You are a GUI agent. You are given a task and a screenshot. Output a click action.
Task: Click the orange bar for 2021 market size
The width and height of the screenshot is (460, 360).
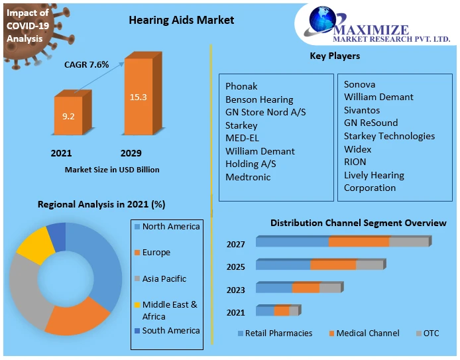coord(69,117)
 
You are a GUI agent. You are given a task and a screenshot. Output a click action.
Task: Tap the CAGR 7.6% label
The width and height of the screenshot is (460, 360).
coord(86,65)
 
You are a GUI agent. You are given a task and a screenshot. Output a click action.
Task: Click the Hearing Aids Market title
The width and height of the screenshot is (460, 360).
coord(181,20)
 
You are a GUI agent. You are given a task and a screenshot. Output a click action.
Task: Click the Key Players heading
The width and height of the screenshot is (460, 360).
coord(335,56)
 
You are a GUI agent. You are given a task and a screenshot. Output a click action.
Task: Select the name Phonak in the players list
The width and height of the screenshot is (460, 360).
coord(241,86)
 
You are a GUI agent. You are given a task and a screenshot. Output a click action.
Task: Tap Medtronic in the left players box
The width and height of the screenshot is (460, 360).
coord(248,177)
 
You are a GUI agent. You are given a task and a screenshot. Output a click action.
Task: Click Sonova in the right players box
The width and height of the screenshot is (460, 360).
coord(359,84)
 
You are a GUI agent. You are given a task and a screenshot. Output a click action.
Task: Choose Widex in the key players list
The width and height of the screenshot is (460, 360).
coord(358,149)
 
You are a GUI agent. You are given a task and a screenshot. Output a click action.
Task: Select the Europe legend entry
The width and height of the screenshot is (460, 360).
coord(156,253)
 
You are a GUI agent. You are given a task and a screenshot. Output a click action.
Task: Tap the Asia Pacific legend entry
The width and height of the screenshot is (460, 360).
coord(164,279)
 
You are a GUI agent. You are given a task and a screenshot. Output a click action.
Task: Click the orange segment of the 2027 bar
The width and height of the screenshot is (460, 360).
coord(359,241)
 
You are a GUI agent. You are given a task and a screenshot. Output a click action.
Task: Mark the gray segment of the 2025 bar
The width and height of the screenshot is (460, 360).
coord(369,265)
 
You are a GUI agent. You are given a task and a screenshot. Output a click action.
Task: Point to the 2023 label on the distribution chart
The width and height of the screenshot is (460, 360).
coord(235,290)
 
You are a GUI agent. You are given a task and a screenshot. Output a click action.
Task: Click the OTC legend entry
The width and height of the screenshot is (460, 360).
coord(431,333)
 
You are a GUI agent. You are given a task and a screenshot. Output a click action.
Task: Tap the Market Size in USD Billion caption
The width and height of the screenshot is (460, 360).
coord(112,170)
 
